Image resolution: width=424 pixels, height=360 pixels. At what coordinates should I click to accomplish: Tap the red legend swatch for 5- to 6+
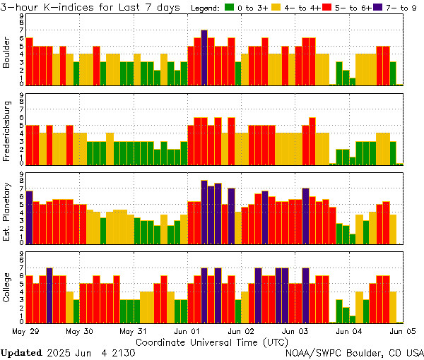coord(324,8)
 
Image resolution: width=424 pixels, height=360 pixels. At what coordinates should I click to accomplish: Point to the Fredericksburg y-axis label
coord(6,131)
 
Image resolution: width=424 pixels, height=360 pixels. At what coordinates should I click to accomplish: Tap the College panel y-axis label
coord(6,288)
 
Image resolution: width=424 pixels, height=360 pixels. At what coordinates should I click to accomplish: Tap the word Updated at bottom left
coord(20,352)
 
